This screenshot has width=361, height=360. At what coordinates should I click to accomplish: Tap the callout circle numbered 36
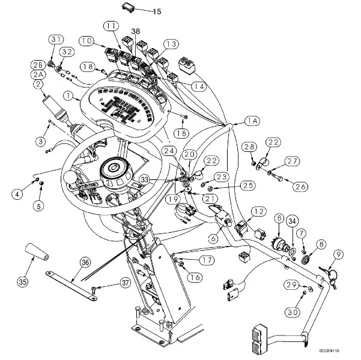(85, 262)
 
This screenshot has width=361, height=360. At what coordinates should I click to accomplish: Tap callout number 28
(250, 147)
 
